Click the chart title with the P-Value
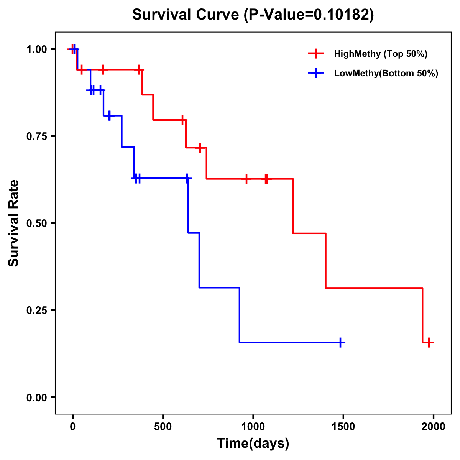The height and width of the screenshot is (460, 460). click(253, 15)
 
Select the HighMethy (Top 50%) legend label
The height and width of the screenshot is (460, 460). click(381, 54)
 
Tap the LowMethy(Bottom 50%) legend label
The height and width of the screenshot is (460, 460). click(386, 73)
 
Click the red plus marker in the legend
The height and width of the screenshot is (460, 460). click(315, 54)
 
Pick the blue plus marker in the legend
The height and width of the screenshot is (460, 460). click(315, 73)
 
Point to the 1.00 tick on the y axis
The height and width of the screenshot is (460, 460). click(36, 49)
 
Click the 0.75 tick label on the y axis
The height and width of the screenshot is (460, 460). click(36, 136)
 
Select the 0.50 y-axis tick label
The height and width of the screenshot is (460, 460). click(36, 223)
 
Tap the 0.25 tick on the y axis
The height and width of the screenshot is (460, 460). click(36, 310)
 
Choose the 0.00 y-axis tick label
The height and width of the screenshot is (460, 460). click(36, 398)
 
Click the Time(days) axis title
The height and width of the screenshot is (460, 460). click(253, 444)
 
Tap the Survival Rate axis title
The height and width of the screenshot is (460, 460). click(14, 223)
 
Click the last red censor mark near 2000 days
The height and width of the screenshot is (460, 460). click(429, 342)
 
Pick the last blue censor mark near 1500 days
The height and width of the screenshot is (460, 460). click(340, 342)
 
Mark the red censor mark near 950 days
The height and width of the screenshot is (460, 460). click(246, 179)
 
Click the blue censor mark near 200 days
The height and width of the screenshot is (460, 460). click(110, 115)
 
